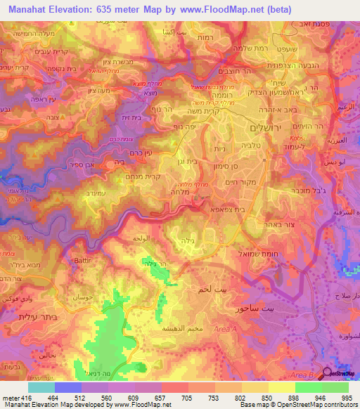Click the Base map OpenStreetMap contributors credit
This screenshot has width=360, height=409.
point(296,405)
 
